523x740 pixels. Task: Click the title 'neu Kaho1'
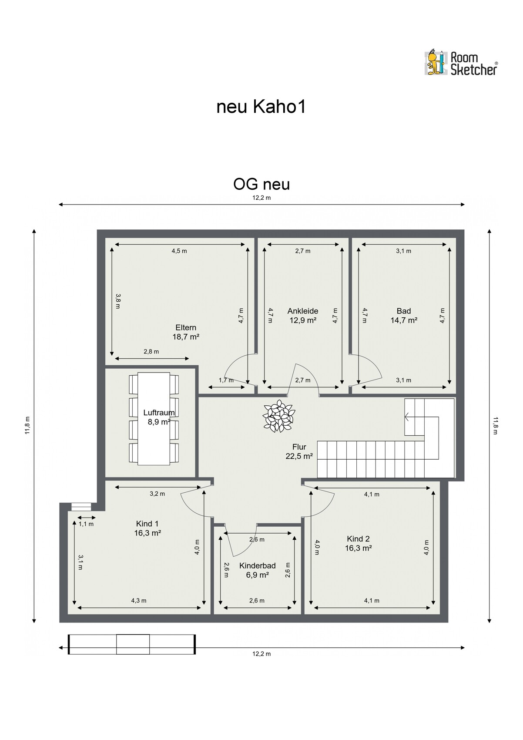[261, 107]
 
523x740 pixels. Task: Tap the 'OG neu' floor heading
[261, 184]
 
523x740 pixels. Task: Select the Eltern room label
[186, 332]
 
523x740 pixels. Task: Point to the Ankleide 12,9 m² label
[303, 316]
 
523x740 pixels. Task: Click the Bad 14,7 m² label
[404, 316]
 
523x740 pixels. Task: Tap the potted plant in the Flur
[278, 416]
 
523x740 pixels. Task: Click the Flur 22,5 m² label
[299, 451]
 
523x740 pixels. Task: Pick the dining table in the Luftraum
[154, 419]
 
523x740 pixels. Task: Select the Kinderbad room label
[258, 570]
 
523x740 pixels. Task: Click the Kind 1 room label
[147, 528]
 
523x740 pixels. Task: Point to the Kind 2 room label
[358, 543]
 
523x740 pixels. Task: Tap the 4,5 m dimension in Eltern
[179, 251]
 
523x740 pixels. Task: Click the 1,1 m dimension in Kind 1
[86, 524]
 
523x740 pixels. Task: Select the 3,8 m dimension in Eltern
[118, 301]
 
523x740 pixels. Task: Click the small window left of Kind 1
[81, 507]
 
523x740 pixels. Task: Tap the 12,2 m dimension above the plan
[261, 198]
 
